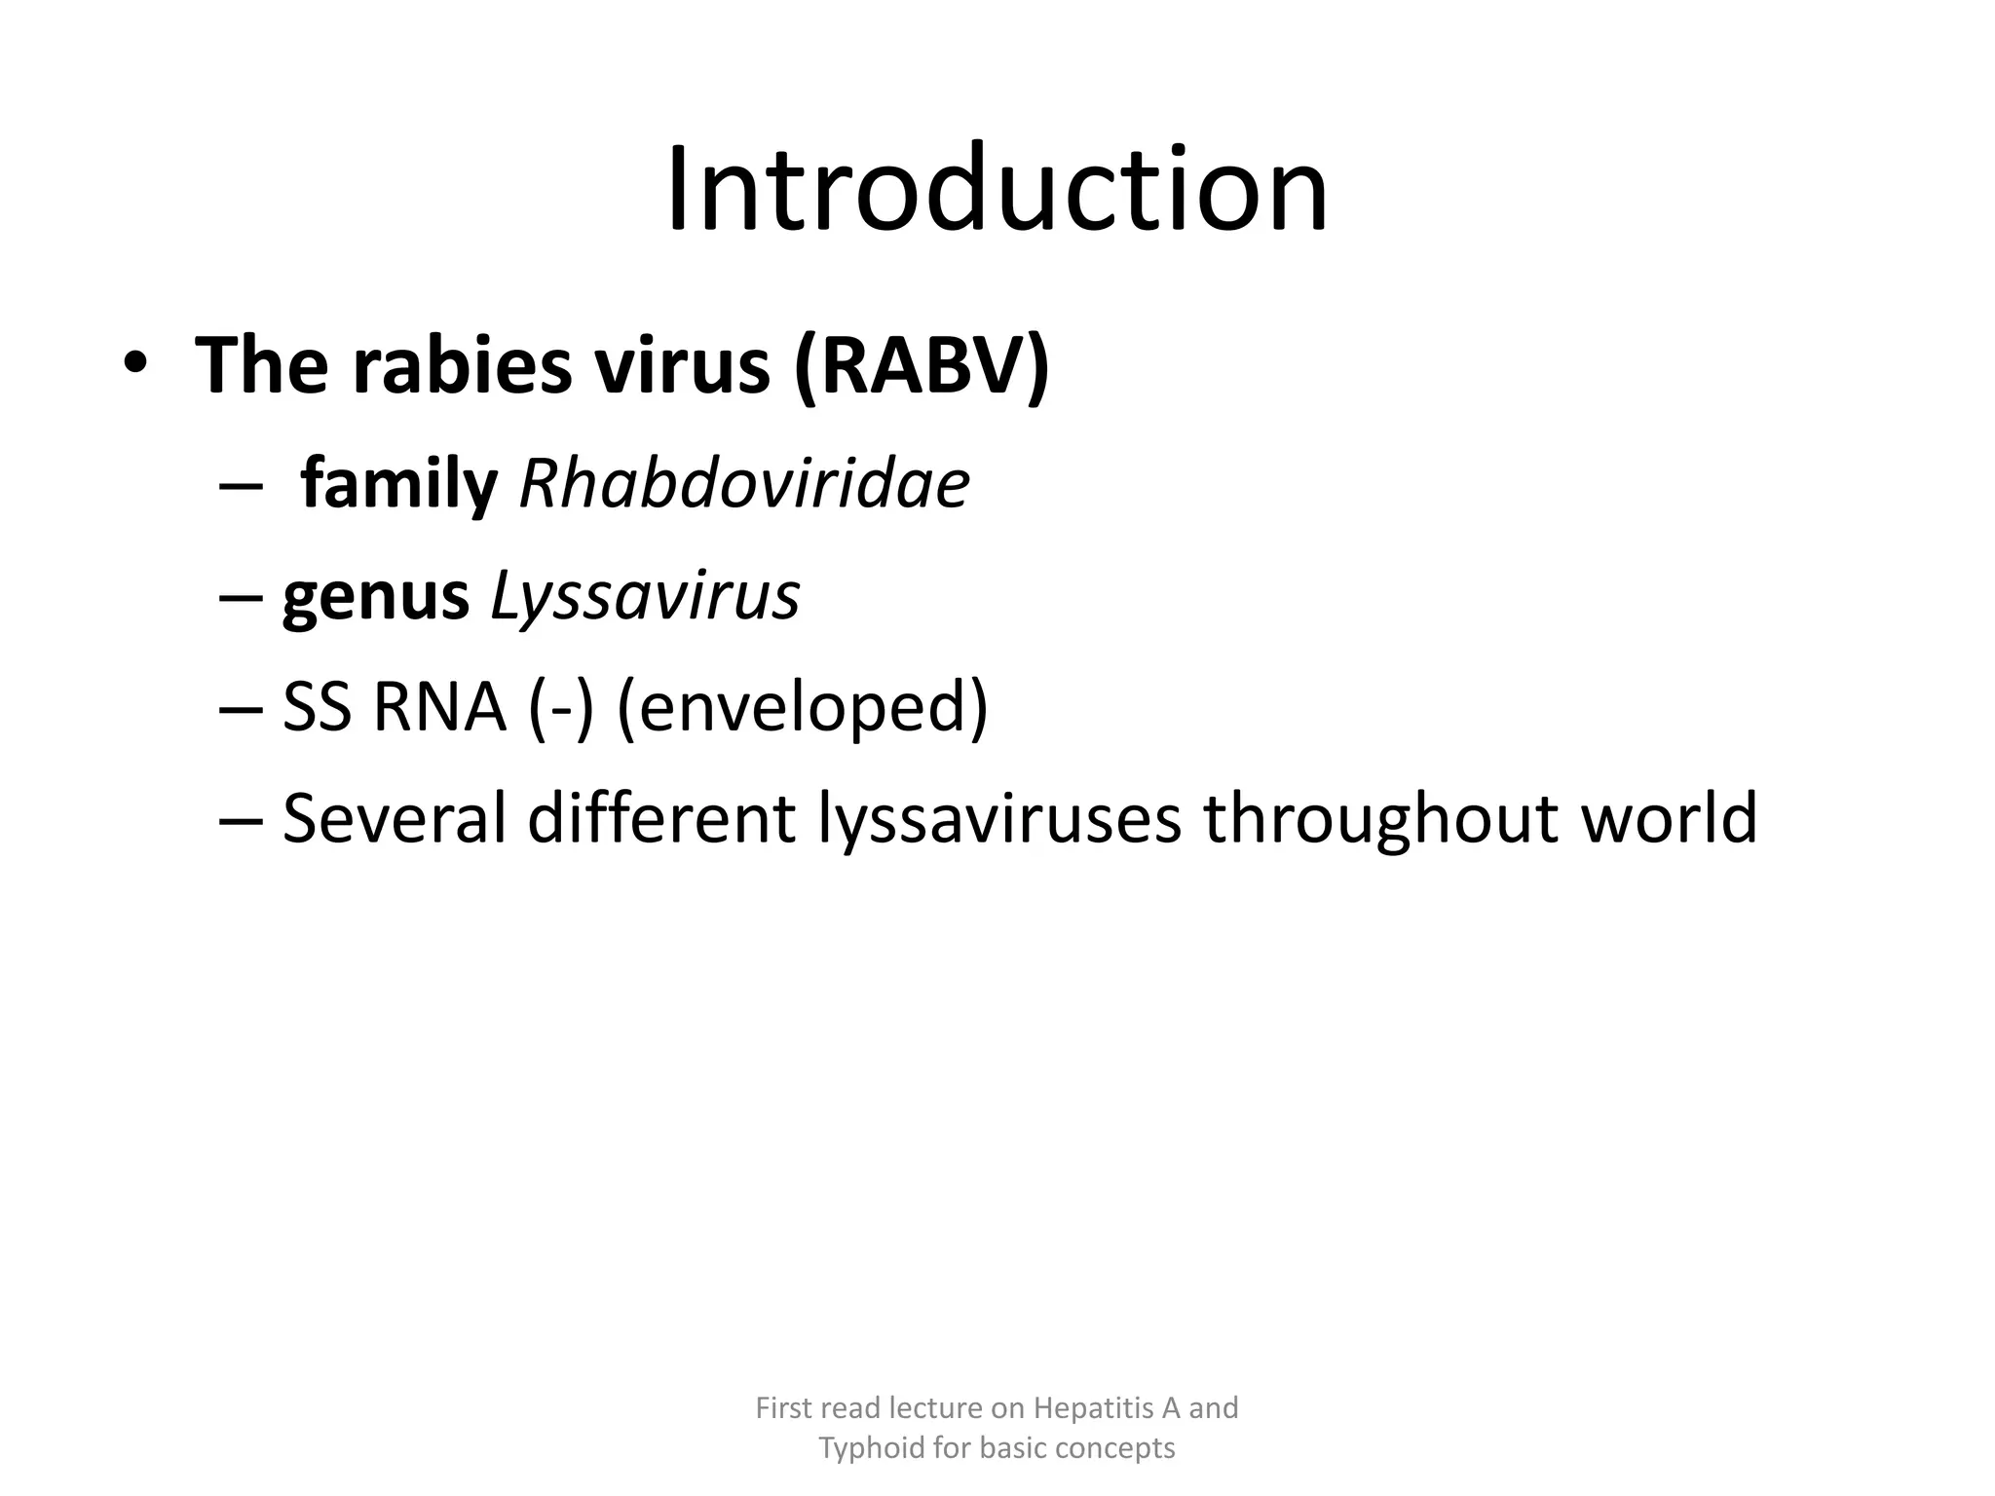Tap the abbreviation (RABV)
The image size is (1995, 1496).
click(x=922, y=364)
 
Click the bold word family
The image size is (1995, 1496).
click(x=398, y=484)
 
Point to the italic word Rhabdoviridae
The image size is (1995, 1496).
click(x=744, y=484)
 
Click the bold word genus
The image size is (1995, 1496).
click(x=375, y=595)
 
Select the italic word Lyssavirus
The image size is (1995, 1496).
click(x=644, y=595)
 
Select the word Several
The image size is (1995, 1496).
click(x=395, y=818)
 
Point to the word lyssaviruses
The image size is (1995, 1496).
click(x=999, y=818)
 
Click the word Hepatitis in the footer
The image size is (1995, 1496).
click(x=1093, y=1408)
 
